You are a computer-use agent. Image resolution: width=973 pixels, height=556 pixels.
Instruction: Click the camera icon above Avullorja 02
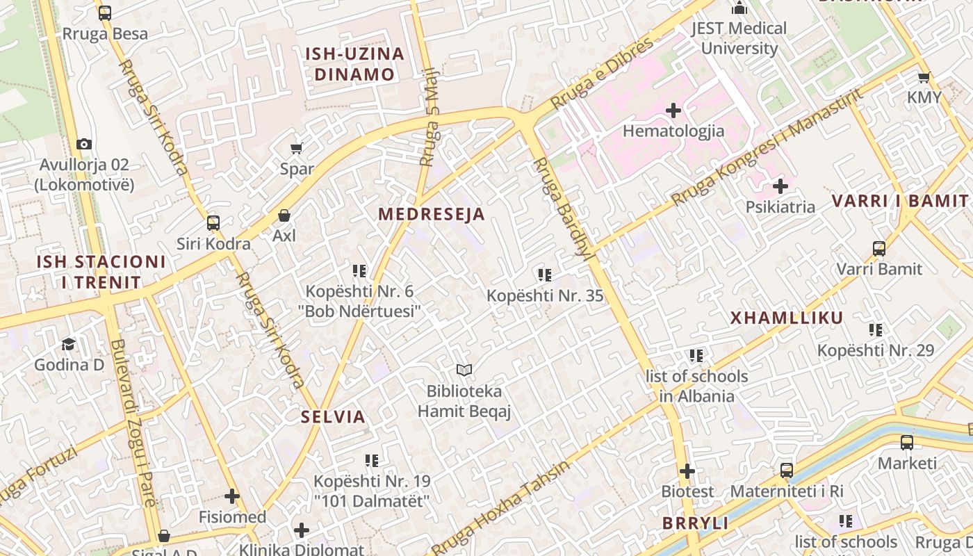click(x=84, y=145)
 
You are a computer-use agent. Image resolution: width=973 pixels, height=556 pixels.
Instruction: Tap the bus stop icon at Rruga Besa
click(x=105, y=13)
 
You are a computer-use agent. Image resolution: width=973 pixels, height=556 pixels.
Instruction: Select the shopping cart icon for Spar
click(x=297, y=148)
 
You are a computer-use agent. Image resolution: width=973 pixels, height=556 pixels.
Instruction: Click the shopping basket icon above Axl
click(x=284, y=215)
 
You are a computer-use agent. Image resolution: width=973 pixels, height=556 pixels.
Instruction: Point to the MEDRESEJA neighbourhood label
click(x=431, y=214)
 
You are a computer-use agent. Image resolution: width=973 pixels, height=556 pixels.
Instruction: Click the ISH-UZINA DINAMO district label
click(x=354, y=64)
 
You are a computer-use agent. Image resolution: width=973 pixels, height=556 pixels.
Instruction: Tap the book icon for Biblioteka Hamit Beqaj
click(x=464, y=370)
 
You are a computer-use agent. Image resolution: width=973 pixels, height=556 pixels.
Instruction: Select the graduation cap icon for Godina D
click(x=68, y=344)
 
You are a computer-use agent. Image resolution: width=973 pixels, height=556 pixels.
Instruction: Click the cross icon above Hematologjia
click(x=673, y=111)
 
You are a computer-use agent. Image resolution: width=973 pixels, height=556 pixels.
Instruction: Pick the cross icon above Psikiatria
click(x=780, y=186)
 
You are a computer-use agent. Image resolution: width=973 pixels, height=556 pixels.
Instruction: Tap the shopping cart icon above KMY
click(x=924, y=77)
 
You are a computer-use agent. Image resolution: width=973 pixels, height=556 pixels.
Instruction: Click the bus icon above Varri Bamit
click(x=879, y=248)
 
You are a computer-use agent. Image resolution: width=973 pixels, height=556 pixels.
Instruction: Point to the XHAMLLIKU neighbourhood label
click(x=786, y=318)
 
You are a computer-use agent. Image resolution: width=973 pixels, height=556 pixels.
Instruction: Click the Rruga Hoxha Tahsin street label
click(x=500, y=507)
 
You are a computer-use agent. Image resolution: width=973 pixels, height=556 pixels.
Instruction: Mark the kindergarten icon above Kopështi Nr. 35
click(x=545, y=275)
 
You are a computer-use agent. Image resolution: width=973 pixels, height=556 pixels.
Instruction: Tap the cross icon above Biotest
click(x=687, y=471)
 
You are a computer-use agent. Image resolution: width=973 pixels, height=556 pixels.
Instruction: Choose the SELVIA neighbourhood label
click(x=333, y=417)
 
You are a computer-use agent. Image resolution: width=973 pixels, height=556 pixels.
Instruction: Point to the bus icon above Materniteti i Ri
click(x=786, y=471)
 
